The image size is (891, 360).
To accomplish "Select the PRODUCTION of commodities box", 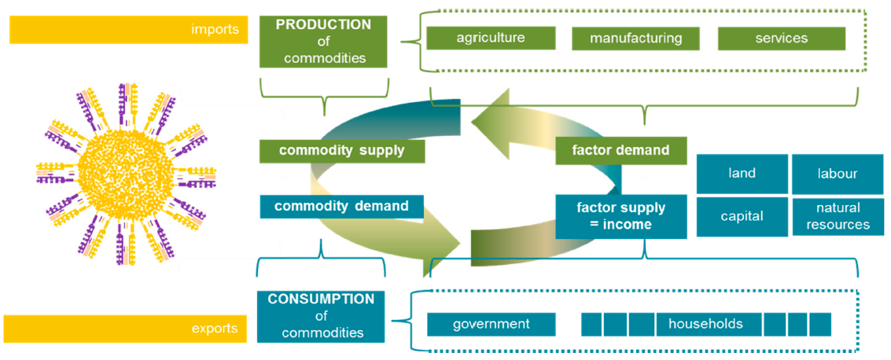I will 323,42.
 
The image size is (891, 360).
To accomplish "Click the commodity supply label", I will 342,150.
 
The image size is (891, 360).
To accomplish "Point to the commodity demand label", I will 341,207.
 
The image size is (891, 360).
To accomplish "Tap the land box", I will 742,174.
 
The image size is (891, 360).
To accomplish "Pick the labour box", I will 837,174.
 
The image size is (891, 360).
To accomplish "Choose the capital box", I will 742,216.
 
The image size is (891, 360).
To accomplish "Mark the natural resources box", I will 837,216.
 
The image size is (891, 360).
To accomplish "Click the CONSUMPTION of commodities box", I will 321,316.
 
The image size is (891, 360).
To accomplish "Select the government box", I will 491,324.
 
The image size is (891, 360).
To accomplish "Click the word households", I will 706,324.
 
